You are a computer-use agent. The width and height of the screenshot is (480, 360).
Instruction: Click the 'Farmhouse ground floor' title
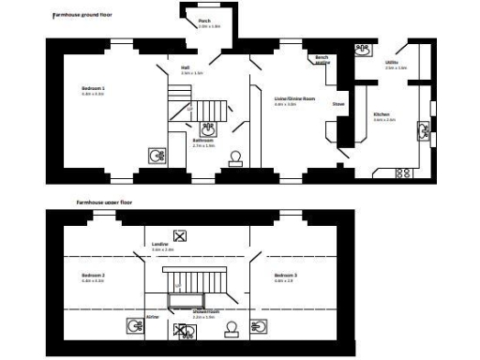tap(82, 16)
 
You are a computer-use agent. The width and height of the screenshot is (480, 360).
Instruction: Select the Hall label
tap(186, 68)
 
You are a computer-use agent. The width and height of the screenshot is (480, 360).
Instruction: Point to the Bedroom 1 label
tap(93, 89)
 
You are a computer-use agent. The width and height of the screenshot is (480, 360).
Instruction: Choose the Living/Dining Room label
tap(292, 98)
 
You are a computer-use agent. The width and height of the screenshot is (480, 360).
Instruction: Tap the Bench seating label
tap(322, 59)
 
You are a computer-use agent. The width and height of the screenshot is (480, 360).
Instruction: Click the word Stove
tap(337, 104)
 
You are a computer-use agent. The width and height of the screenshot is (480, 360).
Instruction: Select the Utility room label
tap(390, 64)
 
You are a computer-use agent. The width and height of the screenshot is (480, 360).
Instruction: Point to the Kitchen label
tap(380, 115)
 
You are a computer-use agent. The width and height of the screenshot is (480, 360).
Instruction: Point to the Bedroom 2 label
tap(93, 275)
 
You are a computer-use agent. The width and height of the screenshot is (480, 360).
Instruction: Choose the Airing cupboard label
tap(152, 318)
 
